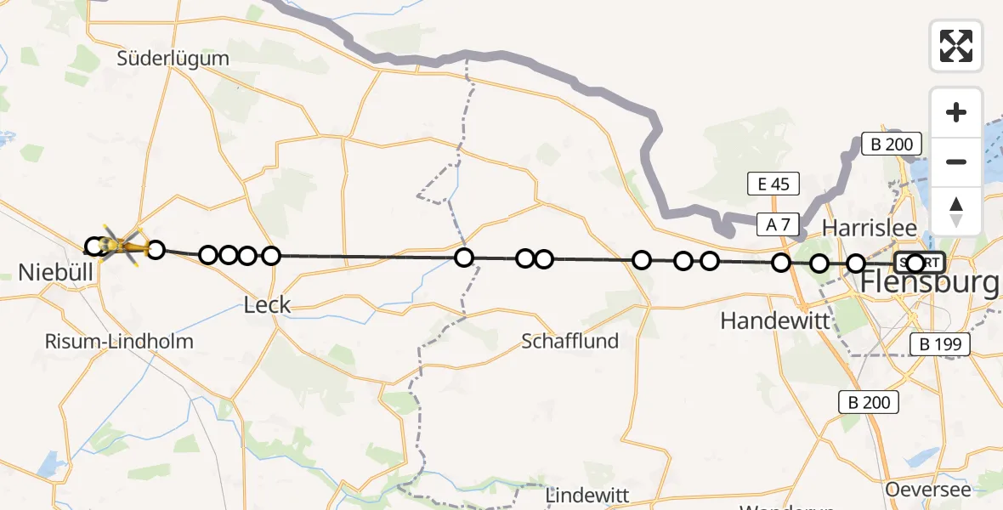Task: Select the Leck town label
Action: [267, 305]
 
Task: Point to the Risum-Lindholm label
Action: [121, 342]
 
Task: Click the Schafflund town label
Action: [569, 342]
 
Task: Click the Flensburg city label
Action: [930, 283]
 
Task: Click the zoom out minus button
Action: [956, 161]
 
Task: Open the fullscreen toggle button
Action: [956, 46]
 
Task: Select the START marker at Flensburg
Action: [920, 263]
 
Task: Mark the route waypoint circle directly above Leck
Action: [270, 256]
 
